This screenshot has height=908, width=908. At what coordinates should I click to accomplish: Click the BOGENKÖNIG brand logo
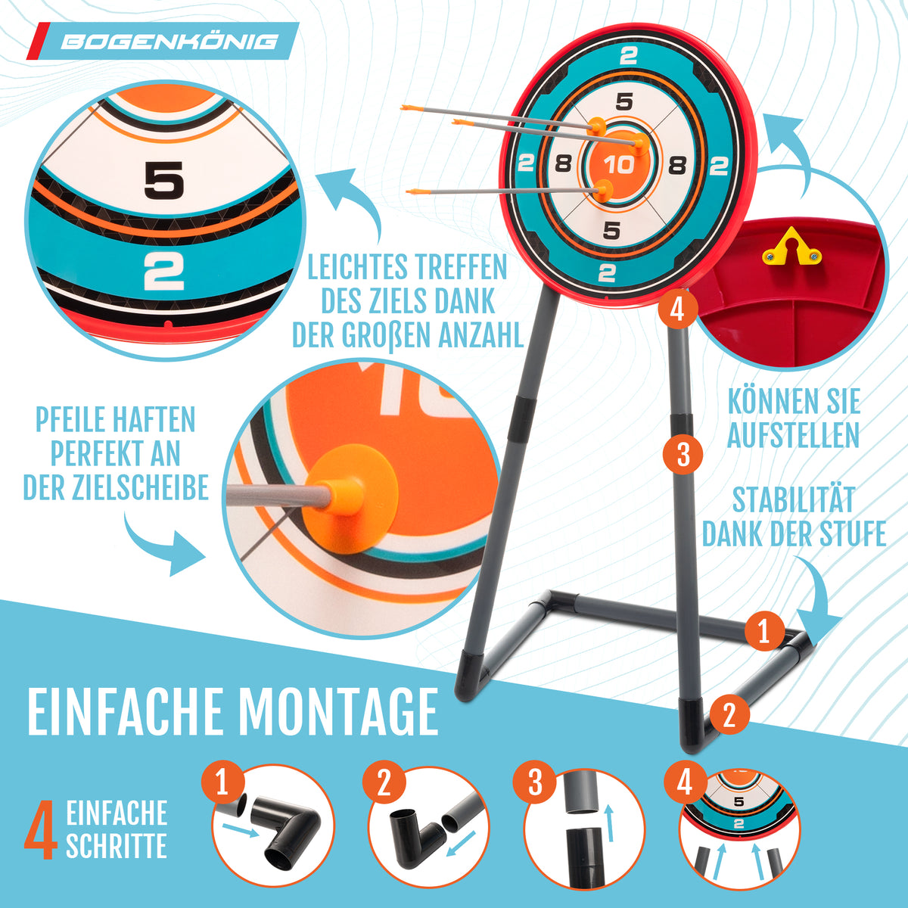tap(163, 42)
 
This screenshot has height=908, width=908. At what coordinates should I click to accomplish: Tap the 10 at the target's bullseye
tap(619, 165)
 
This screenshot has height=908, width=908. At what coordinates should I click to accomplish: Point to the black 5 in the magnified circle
tap(163, 180)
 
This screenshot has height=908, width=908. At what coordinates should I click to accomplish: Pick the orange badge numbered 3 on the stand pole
tap(683, 455)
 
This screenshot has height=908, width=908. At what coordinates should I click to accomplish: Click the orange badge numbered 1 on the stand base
tap(764, 631)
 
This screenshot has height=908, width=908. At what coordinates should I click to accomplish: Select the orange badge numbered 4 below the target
tap(677, 310)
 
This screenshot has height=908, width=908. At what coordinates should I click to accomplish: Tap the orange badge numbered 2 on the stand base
tap(729, 714)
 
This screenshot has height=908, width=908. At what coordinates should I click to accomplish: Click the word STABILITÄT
tap(793, 500)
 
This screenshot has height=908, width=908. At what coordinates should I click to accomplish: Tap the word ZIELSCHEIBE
tap(141, 487)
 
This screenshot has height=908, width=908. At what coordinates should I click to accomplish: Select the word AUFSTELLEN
tap(794, 435)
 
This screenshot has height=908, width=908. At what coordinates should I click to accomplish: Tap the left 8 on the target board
tap(563, 164)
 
